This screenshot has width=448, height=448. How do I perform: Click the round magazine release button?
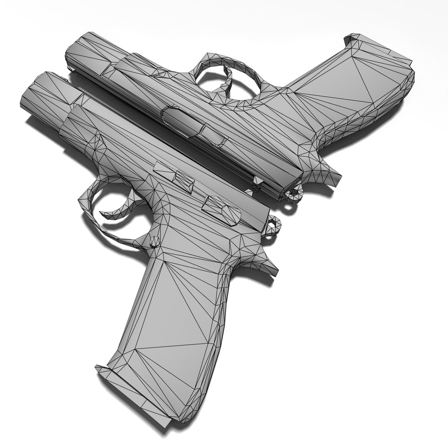pyautogui.click(x=154, y=241)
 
